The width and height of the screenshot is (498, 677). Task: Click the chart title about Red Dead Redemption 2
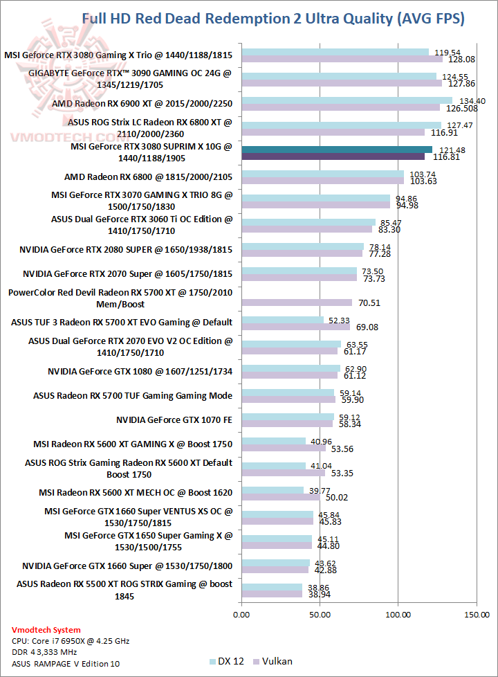click(x=273, y=19)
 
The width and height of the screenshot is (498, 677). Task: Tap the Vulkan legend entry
click(x=273, y=661)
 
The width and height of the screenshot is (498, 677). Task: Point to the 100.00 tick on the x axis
click(x=398, y=614)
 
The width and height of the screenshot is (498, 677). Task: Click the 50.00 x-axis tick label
click(x=320, y=614)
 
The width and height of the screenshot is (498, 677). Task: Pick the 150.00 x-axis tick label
click(x=476, y=614)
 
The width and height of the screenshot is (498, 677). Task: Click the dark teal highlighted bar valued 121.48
click(x=336, y=150)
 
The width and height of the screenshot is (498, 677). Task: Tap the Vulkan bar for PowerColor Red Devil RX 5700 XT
click(x=297, y=303)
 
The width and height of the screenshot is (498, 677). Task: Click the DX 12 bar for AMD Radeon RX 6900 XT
click(x=347, y=100)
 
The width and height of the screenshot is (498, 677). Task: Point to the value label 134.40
click(x=472, y=100)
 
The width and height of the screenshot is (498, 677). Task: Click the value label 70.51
click(x=367, y=303)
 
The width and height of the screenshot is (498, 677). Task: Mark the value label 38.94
click(x=317, y=595)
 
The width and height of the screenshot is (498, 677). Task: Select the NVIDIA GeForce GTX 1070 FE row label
click(x=174, y=419)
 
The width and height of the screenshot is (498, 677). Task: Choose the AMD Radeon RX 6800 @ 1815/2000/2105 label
click(x=148, y=177)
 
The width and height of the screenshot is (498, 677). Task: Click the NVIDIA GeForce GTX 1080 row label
click(x=140, y=372)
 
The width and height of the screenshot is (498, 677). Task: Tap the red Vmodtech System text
click(x=46, y=630)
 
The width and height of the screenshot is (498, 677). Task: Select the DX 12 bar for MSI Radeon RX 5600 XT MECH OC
click(x=273, y=490)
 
